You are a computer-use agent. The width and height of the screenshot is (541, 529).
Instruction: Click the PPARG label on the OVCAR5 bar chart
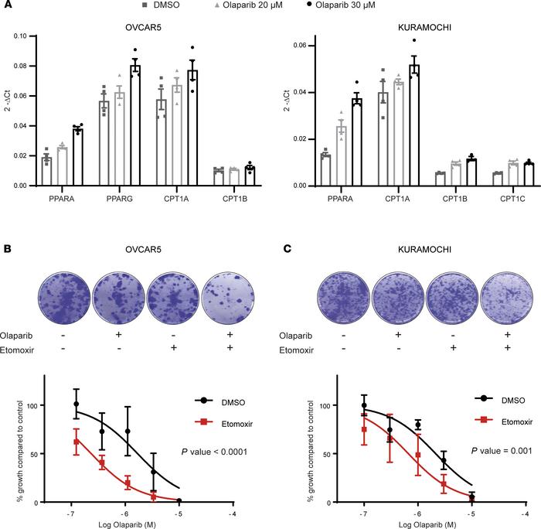pos(105,203)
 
